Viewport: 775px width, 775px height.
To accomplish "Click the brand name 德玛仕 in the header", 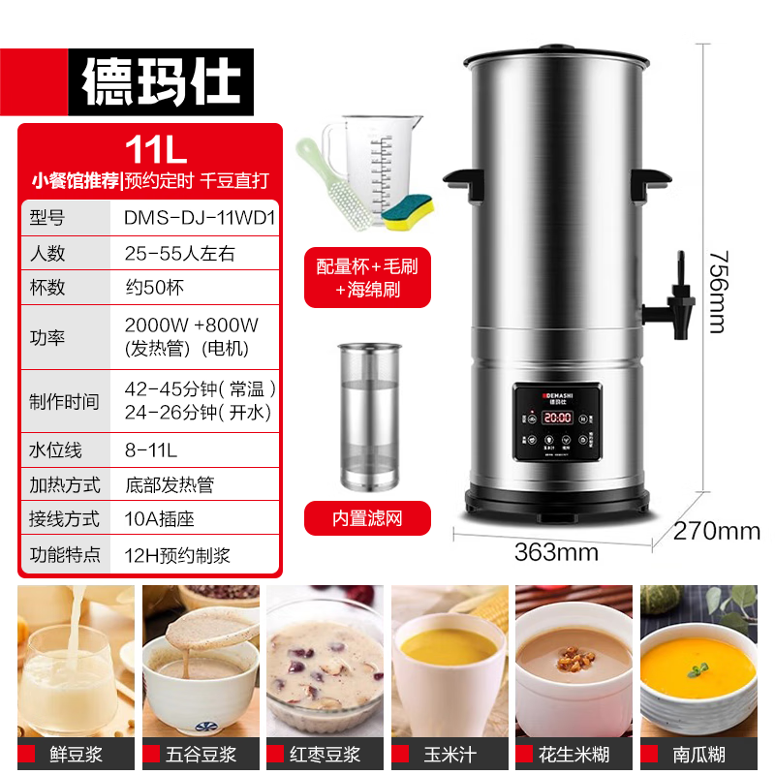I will coord(160,82).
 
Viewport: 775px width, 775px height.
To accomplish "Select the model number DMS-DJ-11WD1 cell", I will coord(200,218).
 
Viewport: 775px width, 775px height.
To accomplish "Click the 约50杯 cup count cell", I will coord(154,287).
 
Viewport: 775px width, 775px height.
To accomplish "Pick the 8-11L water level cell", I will coord(151,449).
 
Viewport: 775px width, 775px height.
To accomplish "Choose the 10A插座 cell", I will coord(160,518).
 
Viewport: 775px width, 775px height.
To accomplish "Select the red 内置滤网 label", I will coord(367,518).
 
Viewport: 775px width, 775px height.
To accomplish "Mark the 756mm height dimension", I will coord(716,291).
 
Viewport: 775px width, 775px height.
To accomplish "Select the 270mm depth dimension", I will coord(718,531).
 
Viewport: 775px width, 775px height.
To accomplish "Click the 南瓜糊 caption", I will coord(698,754).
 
